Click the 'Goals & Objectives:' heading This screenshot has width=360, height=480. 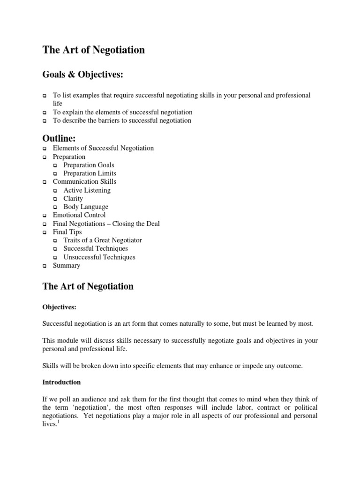click(84, 75)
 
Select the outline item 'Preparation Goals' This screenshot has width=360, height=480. click(89, 165)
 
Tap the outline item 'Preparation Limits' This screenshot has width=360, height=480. click(90, 173)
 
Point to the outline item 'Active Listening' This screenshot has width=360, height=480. click(87, 190)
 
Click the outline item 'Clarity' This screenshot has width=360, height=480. click(73, 198)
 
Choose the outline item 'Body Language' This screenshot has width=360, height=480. click(86, 207)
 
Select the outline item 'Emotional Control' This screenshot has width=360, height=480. click(79, 215)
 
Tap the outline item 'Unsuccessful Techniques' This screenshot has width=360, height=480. click(99, 257)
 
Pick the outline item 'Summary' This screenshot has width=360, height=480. click(66, 265)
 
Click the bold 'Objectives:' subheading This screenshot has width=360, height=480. click(59, 307)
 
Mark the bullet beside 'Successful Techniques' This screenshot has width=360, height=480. click(55, 249)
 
